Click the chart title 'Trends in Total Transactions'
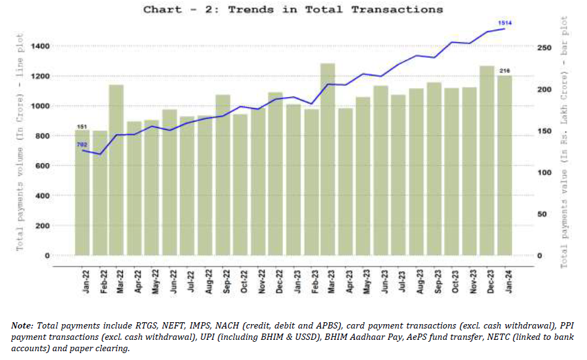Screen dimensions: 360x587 point(293,9)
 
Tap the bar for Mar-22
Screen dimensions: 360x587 point(116,170)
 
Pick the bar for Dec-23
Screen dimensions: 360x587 point(487,160)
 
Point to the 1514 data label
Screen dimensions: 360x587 point(504,23)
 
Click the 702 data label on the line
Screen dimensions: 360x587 point(83,145)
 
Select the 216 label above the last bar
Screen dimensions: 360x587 point(504,70)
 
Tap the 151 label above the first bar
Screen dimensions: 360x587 point(82,127)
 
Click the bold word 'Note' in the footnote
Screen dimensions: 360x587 point(23,325)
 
